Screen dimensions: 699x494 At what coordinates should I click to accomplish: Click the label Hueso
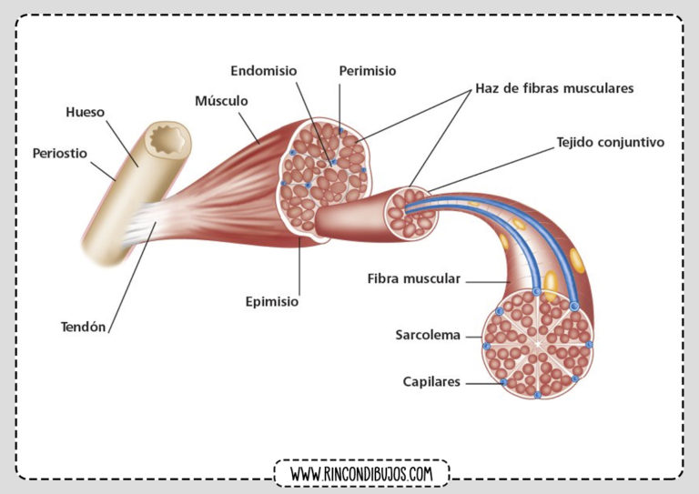click(x=86, y=112)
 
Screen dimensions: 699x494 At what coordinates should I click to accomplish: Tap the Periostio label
click(x=60, y=153)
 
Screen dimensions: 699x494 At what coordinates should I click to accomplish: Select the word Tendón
click(x=84, y=327)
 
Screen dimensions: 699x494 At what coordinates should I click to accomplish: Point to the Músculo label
click(x=221, y=101)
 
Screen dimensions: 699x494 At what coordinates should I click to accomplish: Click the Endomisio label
click(x=263, y=71)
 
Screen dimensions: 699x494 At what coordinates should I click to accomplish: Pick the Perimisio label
click(x=368, y=71)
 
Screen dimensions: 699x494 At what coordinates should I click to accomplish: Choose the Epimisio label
click(x=272, y=301)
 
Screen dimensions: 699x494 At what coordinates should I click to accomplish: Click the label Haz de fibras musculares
click(x=554, y=88)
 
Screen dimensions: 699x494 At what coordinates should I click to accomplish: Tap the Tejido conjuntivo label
click(x=611, y=142)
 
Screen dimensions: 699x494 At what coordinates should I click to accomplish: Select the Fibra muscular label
click(x=414, y=279)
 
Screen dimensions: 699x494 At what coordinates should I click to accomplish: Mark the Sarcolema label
click(x=428, y=335)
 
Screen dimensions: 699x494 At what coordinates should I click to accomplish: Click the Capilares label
click(x=431, y=382)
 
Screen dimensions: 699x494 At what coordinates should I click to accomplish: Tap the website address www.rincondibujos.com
click(x=361, y=473)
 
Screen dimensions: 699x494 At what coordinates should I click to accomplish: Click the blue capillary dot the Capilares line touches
click(x=503, y=382)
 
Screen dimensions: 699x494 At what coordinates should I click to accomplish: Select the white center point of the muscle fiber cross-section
click(x=538, y=344)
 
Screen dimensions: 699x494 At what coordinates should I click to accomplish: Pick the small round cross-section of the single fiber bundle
click(x=411, y=213)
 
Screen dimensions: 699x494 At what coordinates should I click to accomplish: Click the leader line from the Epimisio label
click(x=299, y=266)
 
